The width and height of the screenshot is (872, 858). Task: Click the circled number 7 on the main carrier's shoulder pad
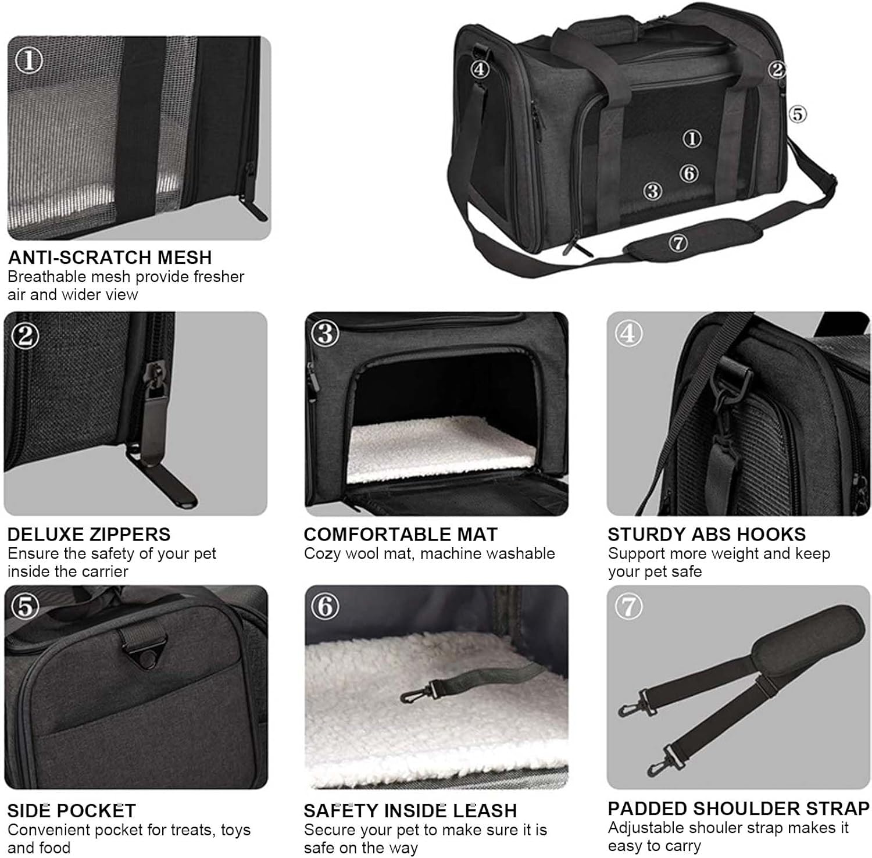coord(678,243)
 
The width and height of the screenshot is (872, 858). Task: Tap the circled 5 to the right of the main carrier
coord(798,113)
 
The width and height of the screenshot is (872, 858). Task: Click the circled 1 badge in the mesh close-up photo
coord(28,60)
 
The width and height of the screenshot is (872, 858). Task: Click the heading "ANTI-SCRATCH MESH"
coord(110,258)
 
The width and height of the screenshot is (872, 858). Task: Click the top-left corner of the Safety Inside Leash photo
coord(305,585)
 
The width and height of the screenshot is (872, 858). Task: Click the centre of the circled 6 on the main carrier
coord(689,173)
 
